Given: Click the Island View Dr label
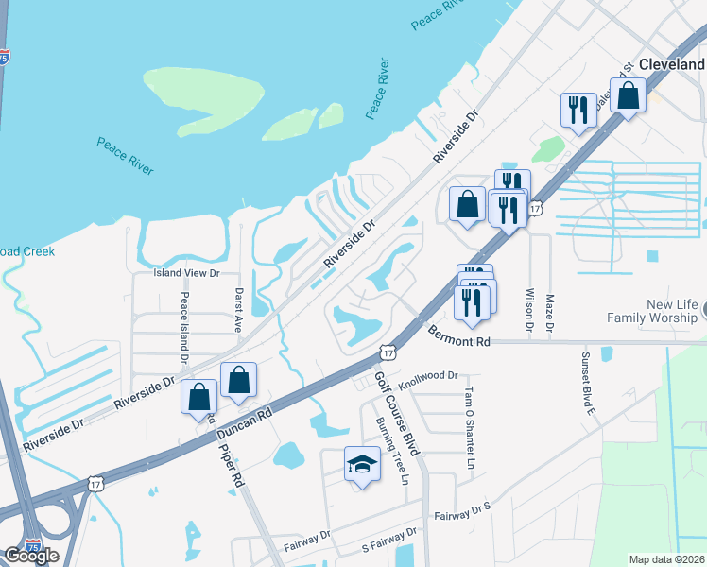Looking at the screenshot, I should click(187, 273).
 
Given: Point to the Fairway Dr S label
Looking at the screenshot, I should click(463, 514).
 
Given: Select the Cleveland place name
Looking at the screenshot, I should click(672, 62).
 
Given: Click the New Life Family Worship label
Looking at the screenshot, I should click(658, 312).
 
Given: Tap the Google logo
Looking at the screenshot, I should click(31, 555).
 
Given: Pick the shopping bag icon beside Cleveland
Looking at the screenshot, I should click(628, 94).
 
